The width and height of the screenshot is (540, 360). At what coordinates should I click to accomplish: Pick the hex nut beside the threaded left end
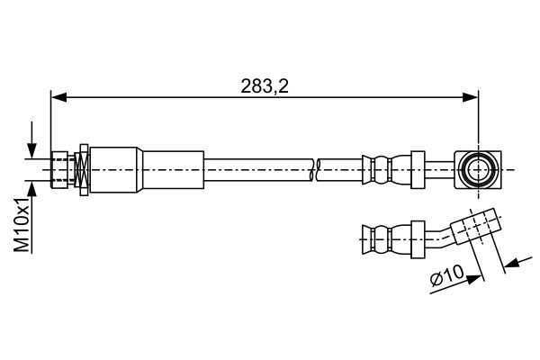tap(83, 168)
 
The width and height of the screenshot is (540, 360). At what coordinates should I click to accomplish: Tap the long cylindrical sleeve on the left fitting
tap(171, 168)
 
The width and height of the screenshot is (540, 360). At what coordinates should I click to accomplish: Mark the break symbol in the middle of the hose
tap(316, 168)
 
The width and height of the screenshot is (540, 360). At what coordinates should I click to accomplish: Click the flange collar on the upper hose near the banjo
tap(417, 168)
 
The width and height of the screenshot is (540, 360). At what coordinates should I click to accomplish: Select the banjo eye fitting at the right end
tap(476, 168)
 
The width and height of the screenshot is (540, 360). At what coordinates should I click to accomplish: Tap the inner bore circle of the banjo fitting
tap(476, 168)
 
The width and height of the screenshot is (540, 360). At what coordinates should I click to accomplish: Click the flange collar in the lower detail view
tap(417, 238)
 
